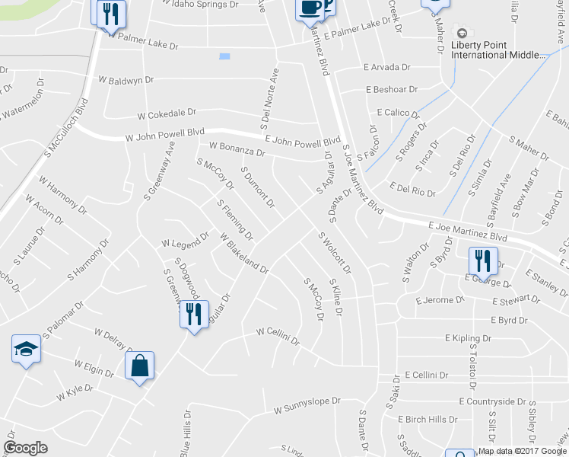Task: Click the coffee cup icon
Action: click(309, 8)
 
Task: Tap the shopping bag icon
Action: click(140, 366)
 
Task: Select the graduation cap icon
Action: click(26, 350)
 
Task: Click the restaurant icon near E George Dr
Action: click(481, 261)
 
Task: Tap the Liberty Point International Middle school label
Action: click(499, 50)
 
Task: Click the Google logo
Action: click(26, 448)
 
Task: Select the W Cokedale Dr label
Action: click(167, 116)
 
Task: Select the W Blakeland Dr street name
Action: click(244, 254)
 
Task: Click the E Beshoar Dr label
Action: click(391, 89)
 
